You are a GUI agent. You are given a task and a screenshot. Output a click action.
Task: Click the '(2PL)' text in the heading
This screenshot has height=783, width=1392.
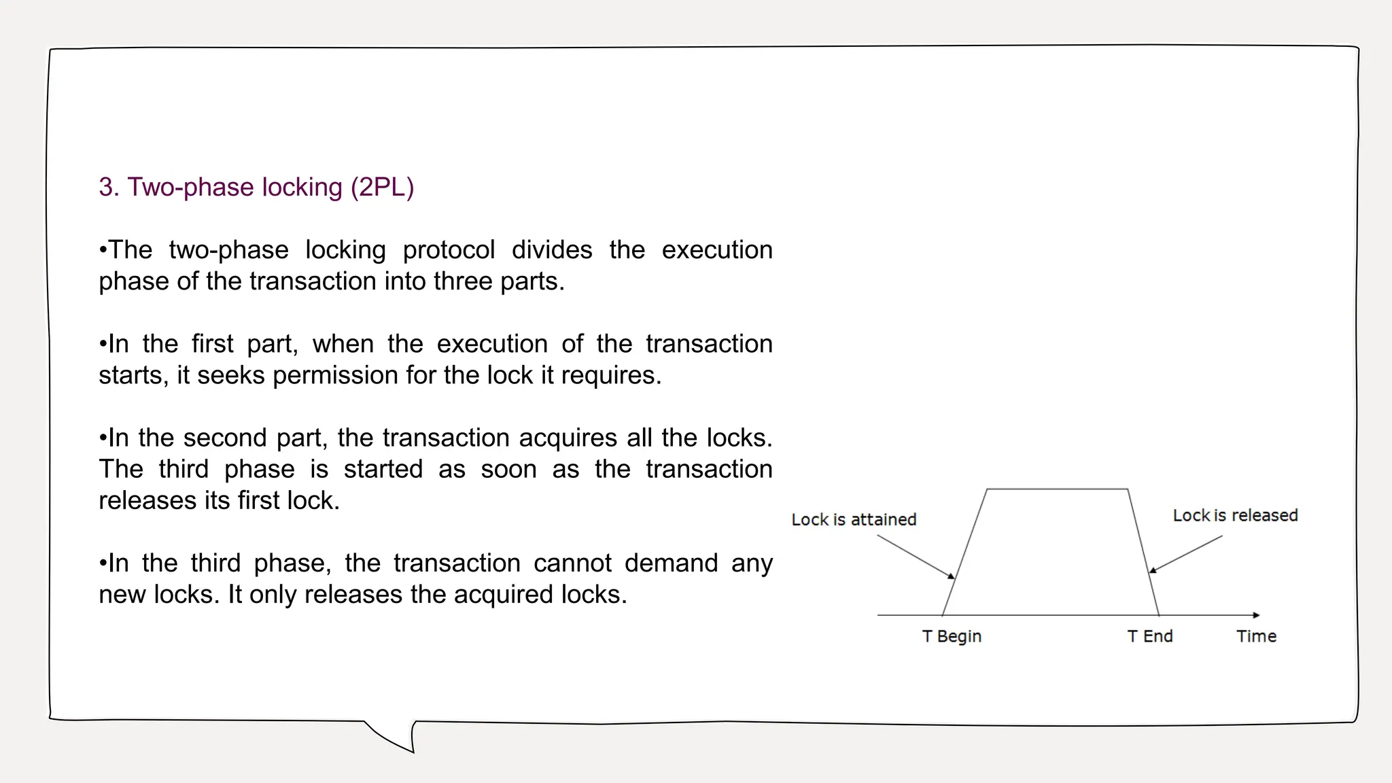pyautogui.click(x=382, y=188)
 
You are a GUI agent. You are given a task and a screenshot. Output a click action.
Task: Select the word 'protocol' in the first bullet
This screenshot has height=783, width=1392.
pyautogui.click(x=449, y=250)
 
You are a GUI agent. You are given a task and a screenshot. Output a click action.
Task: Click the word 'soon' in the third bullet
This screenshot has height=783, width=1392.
pyautogui.click(x=508, y=469)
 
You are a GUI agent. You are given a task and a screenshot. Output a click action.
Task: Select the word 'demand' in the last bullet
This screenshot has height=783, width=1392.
pyautogui.click(x=671, y=563)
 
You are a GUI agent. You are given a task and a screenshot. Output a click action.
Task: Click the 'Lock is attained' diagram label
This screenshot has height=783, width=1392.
pyautogui.click(x=854, y=520)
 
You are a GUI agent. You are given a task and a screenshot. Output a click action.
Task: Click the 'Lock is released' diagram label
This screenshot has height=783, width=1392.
pyautogui.click(x=1235, y=516)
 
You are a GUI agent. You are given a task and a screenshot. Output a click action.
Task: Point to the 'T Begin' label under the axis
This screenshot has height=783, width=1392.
pyautogui.click(x=952, y=636)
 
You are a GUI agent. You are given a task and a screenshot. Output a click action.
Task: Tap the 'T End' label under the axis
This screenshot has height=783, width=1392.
pyautogui.click(x=1150, y=636)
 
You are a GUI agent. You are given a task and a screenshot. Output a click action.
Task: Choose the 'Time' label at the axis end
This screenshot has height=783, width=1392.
pyautogui.click(x=1256, y=636)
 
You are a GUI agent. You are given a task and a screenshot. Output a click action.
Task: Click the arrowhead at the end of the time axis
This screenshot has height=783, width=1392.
pyautogui.click(x=1256, y=615)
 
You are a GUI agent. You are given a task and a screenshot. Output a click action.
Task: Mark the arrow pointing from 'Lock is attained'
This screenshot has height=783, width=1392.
pyautogui.click(x=916, y=557)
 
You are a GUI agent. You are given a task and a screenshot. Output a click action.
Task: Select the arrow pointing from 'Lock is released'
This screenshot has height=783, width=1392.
pyautogui.click(x=1185, y=554)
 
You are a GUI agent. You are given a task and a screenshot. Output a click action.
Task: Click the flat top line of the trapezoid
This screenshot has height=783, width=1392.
pyautogui.click(x=1057, y=489)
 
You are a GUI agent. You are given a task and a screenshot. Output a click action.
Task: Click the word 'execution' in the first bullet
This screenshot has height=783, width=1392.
pyautogui.click(x=717, y=250)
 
